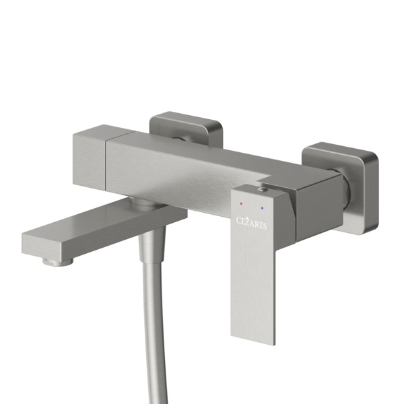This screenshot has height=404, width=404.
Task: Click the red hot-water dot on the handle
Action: coord(241,203)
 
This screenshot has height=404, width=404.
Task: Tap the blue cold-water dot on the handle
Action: coord(262,207)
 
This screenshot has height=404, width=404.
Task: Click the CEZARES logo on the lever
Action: coord(251,223)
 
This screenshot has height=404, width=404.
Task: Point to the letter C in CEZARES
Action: coord(239,221)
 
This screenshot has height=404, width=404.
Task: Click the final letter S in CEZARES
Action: coord(265,226)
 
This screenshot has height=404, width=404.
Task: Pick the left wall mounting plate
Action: coord(186,129)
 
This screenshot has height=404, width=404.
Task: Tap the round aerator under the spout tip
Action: coord(58,262)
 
